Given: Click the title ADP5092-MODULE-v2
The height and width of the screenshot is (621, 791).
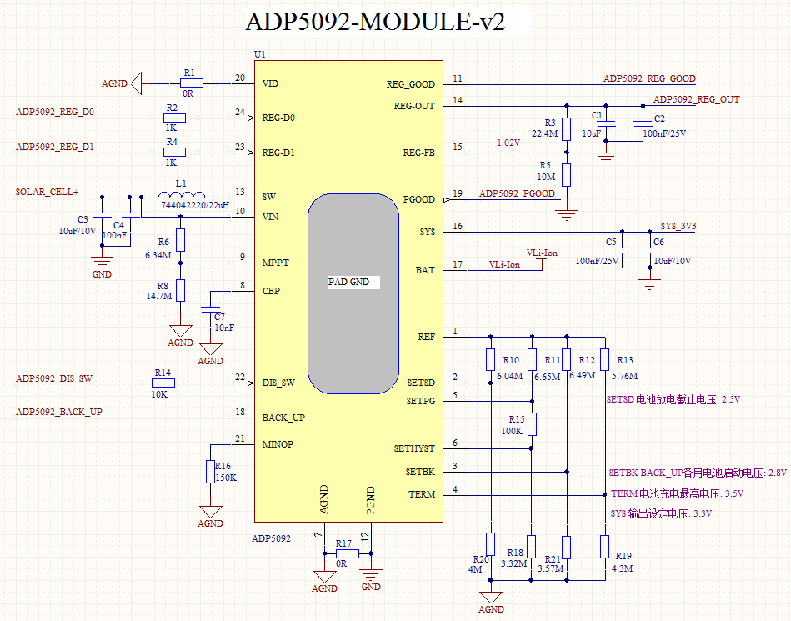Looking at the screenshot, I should tap(375, 21).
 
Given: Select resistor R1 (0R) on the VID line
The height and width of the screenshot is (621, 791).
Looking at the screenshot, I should tap(191, 83).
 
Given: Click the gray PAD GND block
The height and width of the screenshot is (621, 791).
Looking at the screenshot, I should tap(353, 293).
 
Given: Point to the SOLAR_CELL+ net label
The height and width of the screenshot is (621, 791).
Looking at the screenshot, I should tap(48, 192).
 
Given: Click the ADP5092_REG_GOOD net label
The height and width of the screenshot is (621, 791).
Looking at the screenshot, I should tap(648, 78).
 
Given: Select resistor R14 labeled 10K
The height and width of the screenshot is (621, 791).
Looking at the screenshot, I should tap(163, 383).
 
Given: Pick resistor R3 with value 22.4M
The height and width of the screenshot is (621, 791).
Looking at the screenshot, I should tap(566, 129).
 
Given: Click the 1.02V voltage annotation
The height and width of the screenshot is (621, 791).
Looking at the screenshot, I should tap(508, 143).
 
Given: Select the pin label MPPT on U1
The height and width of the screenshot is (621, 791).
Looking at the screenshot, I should tap(275, 262).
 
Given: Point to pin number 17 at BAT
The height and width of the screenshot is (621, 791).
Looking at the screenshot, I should tap(457, 265).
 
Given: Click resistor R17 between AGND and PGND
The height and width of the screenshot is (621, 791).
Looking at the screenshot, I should tap(346, 553).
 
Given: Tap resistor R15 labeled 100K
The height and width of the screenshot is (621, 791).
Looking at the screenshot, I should tap(531, 424).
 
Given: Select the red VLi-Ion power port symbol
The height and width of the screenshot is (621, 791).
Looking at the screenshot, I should tap(542, 258).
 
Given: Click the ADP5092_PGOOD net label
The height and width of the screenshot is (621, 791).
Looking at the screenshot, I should tap(517, 193).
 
